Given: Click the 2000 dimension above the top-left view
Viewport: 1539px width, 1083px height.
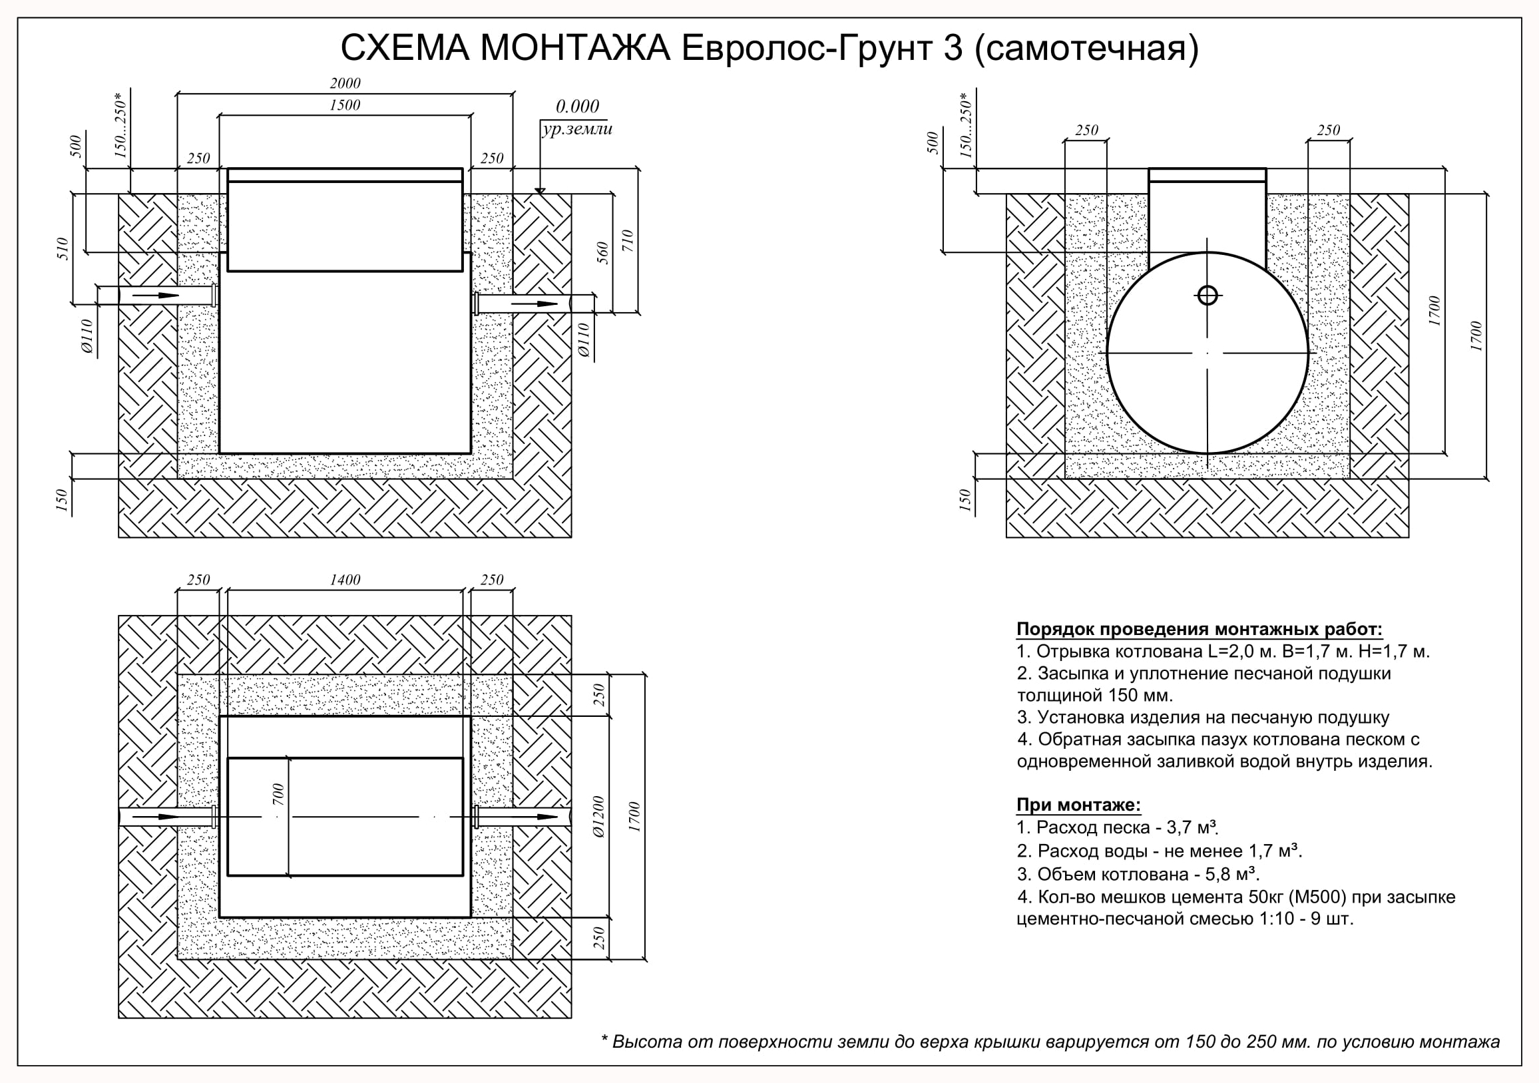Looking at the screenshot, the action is coord(345,83).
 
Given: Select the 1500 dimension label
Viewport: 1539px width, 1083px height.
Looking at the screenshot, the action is coord(345,105).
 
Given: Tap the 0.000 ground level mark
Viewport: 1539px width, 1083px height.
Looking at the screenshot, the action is coord(577,107).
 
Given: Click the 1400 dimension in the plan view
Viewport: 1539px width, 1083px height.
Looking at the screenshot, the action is coord(345,580).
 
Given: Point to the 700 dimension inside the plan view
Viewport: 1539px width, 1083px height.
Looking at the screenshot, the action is coord(279,794).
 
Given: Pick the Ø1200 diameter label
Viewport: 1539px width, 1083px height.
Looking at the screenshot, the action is coord(598,817).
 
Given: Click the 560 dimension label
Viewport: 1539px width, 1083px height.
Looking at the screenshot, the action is coord(602,253).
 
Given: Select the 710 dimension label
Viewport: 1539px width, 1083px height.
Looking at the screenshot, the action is coord(628,240).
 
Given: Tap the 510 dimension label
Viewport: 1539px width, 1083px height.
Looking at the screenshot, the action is coord(63,249).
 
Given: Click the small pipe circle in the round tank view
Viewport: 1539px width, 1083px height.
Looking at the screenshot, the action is coord(1208,295).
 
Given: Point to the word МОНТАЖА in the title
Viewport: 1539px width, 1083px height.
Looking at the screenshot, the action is coord(575,48).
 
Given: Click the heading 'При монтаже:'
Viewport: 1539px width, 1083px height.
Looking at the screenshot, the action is coord(1078,804).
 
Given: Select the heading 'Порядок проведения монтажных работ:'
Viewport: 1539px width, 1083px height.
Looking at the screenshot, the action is coord(1199,629).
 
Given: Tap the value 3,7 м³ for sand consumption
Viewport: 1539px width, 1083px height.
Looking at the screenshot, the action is coord(1192,827).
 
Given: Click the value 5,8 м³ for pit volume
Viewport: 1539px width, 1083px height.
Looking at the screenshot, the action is coord(1234,874).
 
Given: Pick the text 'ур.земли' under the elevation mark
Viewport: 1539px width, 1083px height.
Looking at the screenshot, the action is coord(577,129).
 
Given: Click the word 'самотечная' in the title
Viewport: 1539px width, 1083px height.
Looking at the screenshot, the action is coord(1086,48).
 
